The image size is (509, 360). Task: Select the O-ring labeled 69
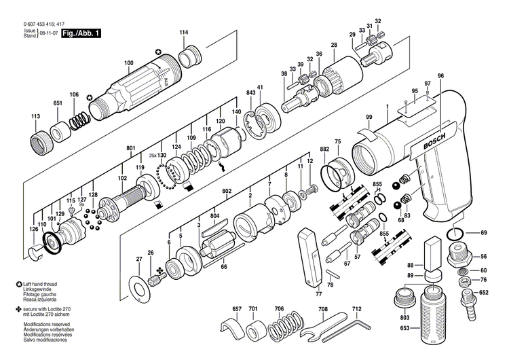pyautogui.click(x=457, y=234)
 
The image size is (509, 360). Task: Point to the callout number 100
pyautogui.click(x=128, y=64)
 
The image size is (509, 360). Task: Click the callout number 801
pyautogui.click(x=130, y=147)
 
